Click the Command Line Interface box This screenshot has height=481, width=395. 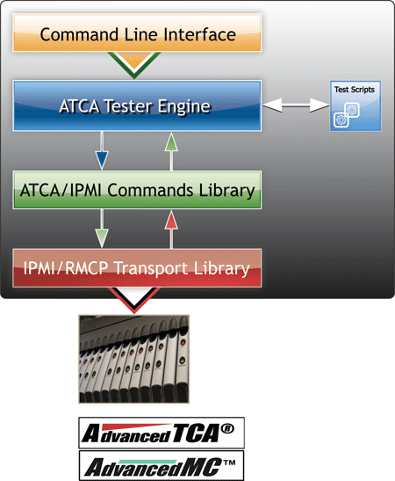click(137, 33)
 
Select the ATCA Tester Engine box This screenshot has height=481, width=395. click(137, 106)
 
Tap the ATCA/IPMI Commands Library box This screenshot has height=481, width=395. click(137, 190)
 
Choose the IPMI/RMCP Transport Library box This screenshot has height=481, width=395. click(137, 268)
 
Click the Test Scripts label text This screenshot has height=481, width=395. click(355, 90)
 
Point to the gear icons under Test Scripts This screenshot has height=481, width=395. click(347, 114)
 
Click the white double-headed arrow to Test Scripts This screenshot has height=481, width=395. click(296, 106)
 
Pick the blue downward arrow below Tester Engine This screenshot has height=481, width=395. click(102, 150)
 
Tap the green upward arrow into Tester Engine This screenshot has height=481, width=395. click(171, 151)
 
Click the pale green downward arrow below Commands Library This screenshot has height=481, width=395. click(102, 229)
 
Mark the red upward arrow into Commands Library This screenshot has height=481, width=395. click(171, 230)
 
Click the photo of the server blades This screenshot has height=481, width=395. click(134, 359)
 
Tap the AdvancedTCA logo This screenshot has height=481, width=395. click(162, 433)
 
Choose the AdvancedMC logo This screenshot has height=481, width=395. click(162, 466)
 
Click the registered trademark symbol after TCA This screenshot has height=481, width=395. click(227, 428)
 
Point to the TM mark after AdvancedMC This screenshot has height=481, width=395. click(229, 462)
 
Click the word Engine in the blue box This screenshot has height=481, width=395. click(184, 107)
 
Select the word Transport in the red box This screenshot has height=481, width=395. click(151, 268)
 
